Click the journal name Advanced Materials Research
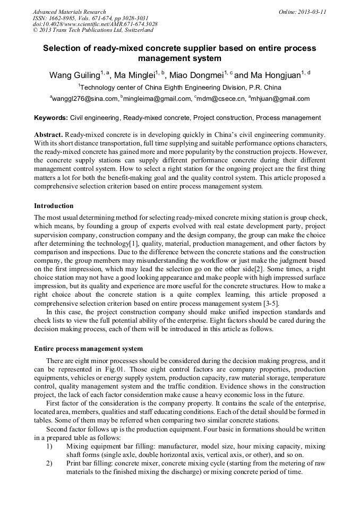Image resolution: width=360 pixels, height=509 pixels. [x=69, y=12]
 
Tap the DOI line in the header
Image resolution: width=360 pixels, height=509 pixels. [x=95, y=24]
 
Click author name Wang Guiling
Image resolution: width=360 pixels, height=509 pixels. [x=74, y=75]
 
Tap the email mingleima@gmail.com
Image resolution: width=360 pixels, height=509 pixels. [x=158, y=99]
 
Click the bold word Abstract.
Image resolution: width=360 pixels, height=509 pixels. [x=49, y=135]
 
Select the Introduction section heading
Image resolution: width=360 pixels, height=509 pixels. [x=54, y=205]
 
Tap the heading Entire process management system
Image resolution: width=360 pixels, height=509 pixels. [x=88, y=349]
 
